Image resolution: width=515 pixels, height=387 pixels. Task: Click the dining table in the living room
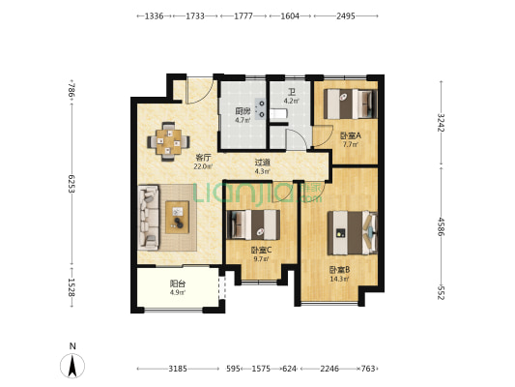168,141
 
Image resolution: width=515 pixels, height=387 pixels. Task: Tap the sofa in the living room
149,218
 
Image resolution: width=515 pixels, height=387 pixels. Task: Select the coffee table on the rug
178,217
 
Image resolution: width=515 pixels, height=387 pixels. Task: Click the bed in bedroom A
350,104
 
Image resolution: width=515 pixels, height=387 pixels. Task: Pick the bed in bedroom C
253,224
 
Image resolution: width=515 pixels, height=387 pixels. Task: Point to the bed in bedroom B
353,233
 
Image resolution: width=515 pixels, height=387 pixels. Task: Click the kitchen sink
261,108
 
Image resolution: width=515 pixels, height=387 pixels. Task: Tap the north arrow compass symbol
72,366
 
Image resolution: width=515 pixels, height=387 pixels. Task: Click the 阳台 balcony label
178,283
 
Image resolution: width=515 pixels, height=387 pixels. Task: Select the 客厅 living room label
203,157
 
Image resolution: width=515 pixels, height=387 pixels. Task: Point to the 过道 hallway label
263,163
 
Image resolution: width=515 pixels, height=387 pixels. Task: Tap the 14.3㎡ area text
339,280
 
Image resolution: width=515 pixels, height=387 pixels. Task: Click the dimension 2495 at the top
346,15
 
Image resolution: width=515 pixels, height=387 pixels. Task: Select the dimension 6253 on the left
72,184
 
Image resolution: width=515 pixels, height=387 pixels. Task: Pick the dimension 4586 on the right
441,226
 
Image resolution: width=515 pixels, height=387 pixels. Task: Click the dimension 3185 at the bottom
178,369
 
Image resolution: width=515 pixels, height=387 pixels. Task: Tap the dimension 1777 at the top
243,15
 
